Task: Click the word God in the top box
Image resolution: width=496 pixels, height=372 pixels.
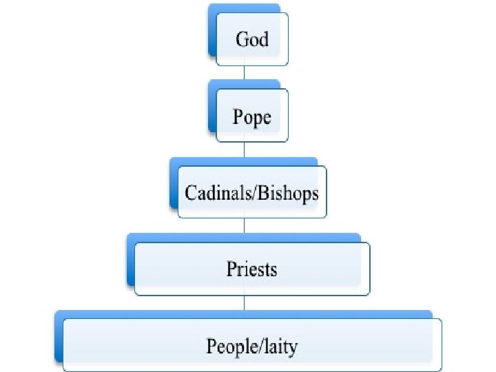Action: coord(251,39)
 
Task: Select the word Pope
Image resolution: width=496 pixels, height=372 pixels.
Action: coord(251,118)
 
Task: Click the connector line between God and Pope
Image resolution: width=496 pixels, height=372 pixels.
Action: coord(245,74)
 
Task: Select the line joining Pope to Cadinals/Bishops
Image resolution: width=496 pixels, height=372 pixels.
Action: coord(245,151)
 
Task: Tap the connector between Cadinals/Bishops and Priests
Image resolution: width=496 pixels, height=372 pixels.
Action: coord(245,227)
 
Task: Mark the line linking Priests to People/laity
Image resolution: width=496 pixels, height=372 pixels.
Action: coord(245,304)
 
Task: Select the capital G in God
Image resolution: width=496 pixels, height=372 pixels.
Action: coord(242,39)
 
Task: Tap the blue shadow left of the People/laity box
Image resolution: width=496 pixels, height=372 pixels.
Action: coord(59,338)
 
